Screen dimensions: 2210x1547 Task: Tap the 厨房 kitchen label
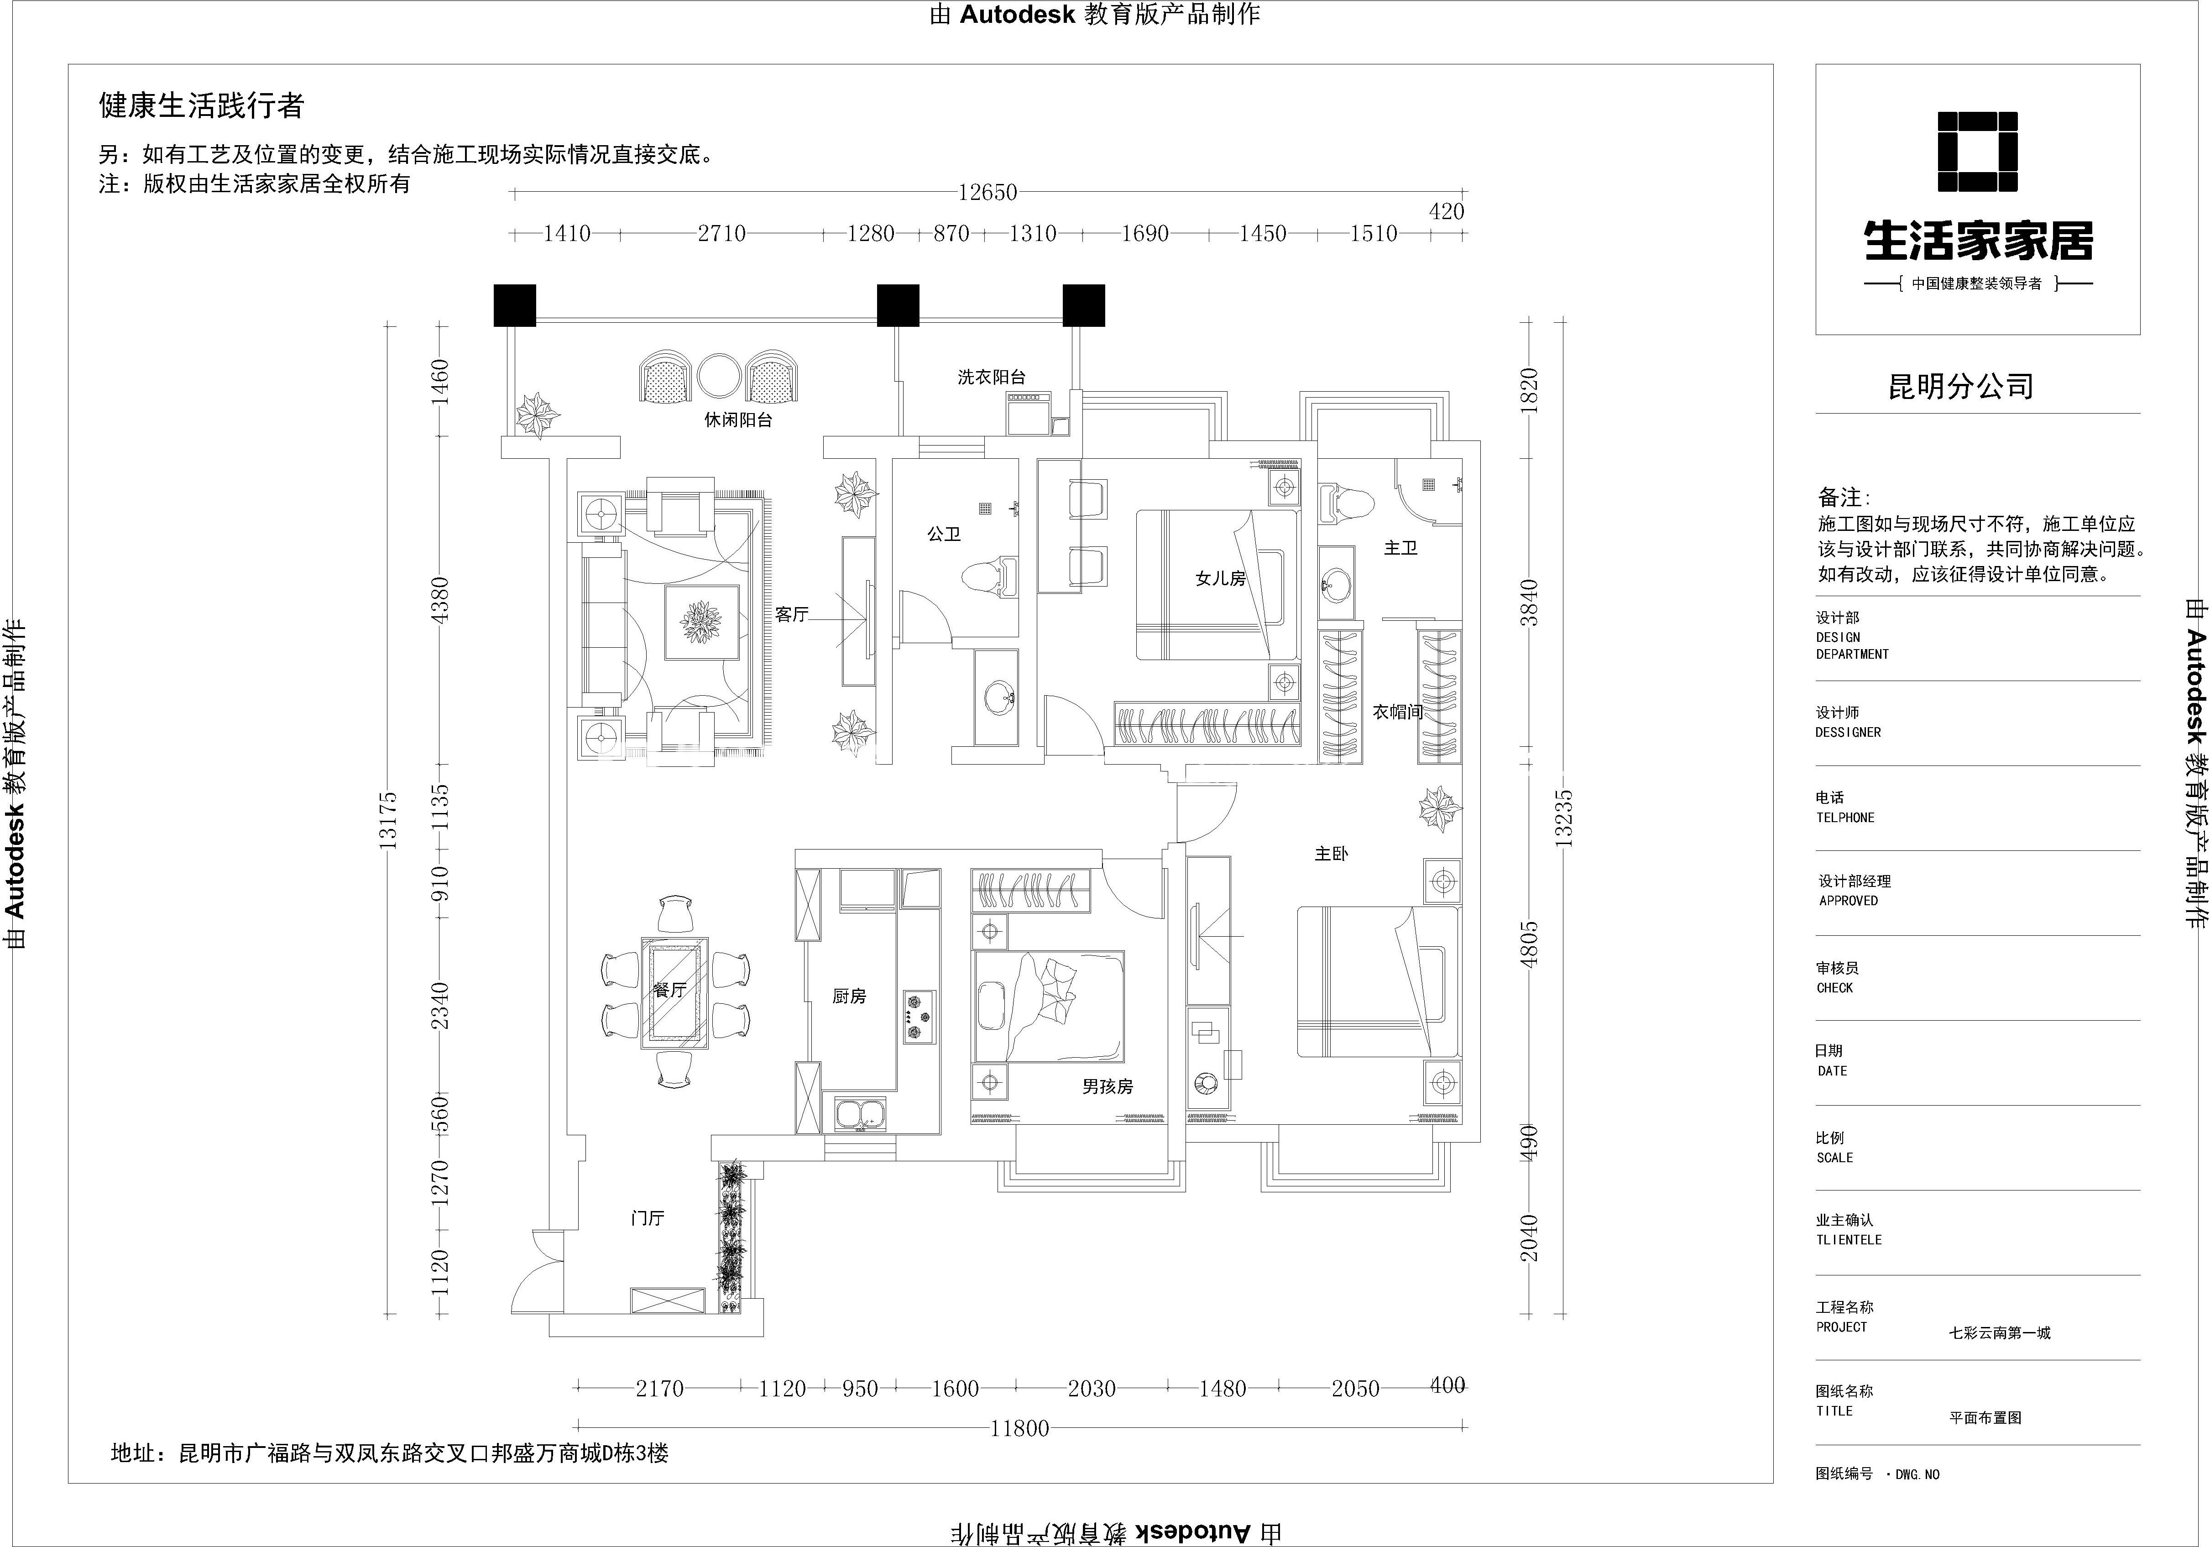click(x=849, y=996)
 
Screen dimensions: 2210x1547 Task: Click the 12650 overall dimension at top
click(x=987, y=193)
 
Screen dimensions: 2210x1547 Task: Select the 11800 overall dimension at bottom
click(x=1019, y=1429)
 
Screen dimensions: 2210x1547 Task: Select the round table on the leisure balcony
click(x=719, y=377)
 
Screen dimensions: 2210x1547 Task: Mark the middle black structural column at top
click(x=898, y=305)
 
